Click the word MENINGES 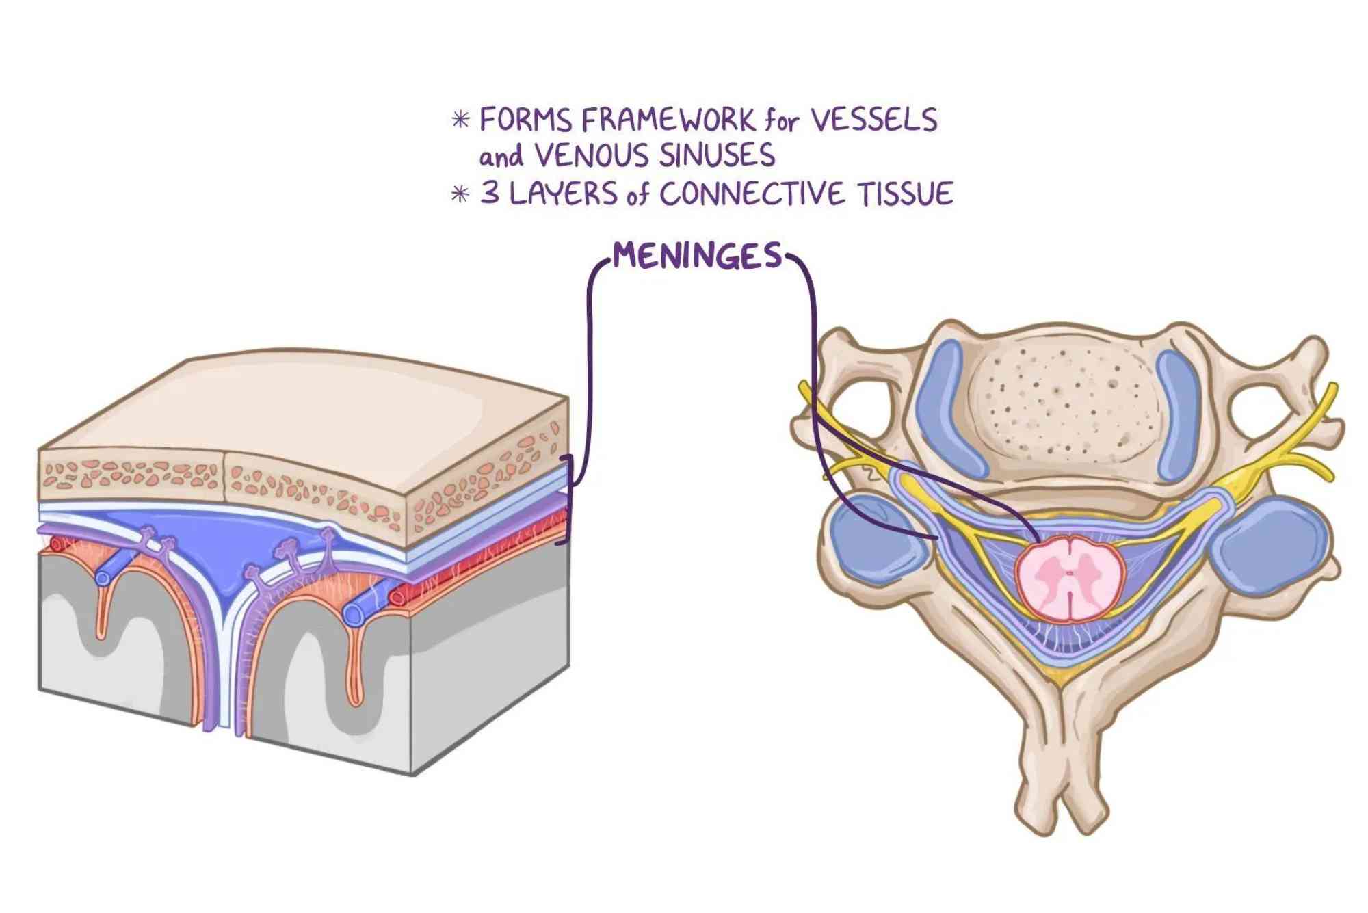pyautogui.click(x=696, y=256)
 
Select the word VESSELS pyautogui.click(x=873, y=120)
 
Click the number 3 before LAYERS pyautogui.click(x=490, y=194)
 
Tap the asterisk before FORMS pyautogui.click(x=461, y=120)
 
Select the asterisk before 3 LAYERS pyautogui.click(x=460, y=194)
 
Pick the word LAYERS pyautogui.click(x=564, y=194)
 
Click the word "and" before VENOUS pyautogui.click(x=501, y=156)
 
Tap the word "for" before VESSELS pyautogui.click(x=781, y=122)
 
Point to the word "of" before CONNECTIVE pyautogui.click(x=637, y=195)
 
